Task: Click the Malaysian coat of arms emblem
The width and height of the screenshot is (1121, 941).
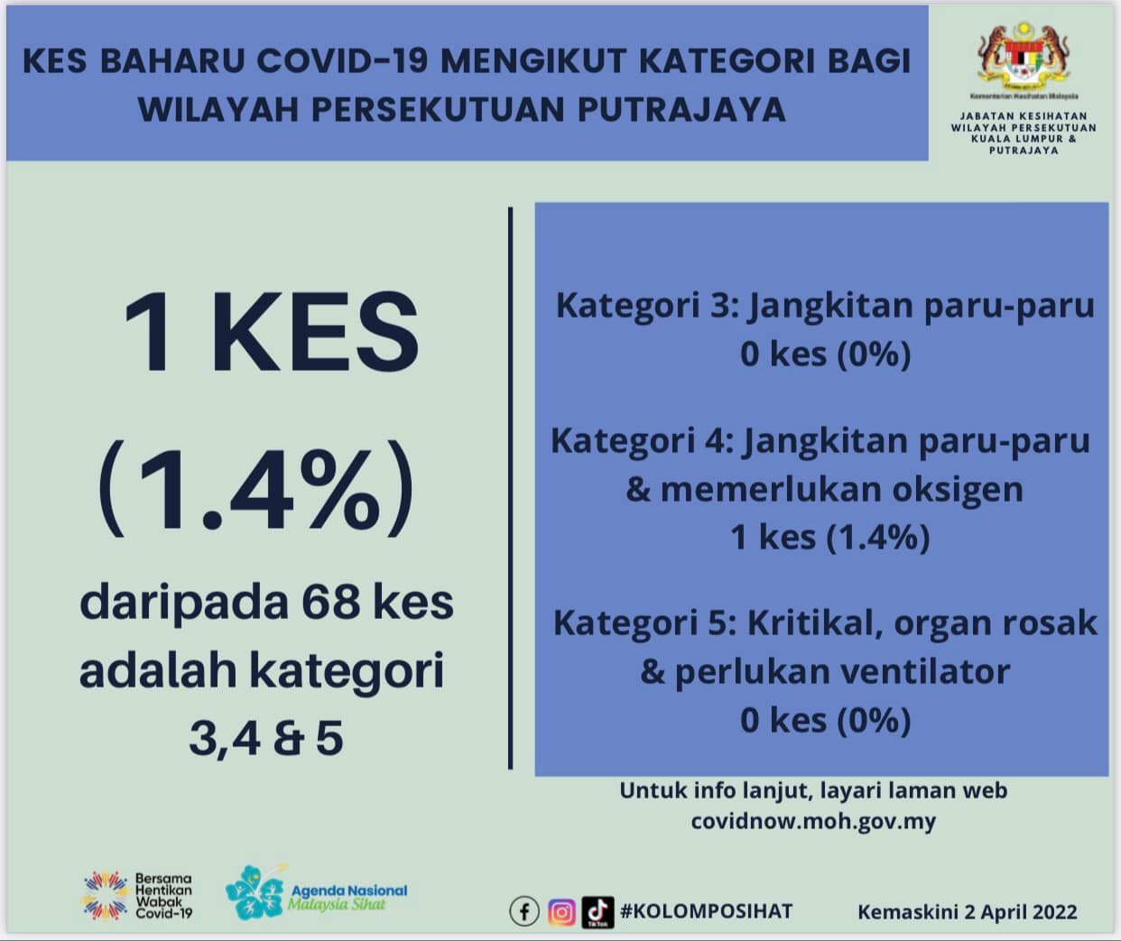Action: pos(1024,56)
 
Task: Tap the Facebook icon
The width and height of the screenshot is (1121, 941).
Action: pos(524,912)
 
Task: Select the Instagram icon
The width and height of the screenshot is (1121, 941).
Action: pos(561,912)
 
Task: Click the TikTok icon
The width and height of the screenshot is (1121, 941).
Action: pos(598,912)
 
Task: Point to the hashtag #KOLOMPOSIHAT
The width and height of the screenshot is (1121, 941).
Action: pos(706,911)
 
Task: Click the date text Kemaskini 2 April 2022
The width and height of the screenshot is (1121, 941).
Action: pos(967,912)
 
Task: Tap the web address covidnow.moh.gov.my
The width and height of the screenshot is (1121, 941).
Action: pos(813,822)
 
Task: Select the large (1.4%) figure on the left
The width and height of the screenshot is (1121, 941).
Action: pos(256,487)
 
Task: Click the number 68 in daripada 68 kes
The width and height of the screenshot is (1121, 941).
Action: pos(330,602)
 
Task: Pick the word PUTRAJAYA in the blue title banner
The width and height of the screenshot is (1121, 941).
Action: pos(681,109)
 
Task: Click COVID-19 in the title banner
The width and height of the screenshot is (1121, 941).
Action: pos(342,60)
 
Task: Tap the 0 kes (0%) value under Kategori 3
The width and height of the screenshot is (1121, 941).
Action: pos(825,355)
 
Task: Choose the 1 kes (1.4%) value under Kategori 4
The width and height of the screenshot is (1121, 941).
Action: pos(830,538)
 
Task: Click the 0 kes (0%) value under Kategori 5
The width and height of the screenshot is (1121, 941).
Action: pos(825,720)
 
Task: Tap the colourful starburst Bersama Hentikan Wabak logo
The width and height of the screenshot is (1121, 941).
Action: pos(107,896)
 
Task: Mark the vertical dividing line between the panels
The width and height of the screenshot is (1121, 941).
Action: pos(510,488)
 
